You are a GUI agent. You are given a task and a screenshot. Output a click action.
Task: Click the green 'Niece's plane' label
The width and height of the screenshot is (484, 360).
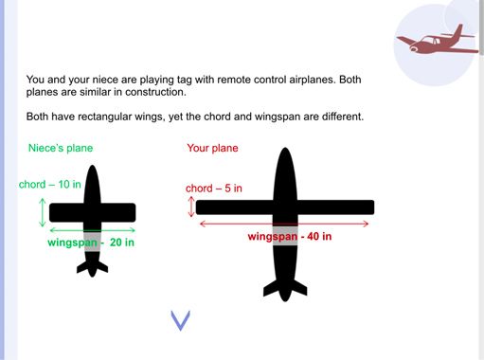click(61, 148)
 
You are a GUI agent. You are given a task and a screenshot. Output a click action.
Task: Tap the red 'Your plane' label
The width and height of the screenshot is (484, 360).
click(212, 148)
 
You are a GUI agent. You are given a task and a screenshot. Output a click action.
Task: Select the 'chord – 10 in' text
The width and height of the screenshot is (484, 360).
click(50, 184)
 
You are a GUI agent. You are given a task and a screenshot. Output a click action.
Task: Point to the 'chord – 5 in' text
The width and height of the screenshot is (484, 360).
click(214, 189)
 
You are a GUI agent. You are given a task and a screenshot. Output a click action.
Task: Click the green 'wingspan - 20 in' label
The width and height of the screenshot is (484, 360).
click(91, 243)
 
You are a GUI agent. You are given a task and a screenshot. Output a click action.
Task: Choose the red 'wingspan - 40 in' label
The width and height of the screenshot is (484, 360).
click(290, 236)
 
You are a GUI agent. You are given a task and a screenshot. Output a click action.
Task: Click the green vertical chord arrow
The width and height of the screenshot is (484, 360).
click(43, 212)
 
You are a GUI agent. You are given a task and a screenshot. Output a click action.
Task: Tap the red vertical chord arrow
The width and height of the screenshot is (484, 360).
click(191, 207)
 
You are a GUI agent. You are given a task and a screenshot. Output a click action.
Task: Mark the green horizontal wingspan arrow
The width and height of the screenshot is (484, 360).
click(93, 230)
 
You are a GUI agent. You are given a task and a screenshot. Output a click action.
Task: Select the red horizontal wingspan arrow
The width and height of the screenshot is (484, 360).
click(284, 224)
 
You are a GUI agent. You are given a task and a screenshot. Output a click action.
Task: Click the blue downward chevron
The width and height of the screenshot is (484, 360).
click(181, 320)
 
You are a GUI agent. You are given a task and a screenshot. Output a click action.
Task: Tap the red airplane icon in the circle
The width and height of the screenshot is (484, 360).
click(438, 41)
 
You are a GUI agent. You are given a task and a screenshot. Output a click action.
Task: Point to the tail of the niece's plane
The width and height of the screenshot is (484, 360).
click(93, 268)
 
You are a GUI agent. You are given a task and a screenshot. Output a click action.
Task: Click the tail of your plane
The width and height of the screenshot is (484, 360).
click(285, 290)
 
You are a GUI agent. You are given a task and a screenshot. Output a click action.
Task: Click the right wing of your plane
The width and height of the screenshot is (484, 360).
click(336, 207)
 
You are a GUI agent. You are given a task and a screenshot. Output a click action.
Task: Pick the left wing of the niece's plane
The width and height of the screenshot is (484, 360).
click(66, 212)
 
